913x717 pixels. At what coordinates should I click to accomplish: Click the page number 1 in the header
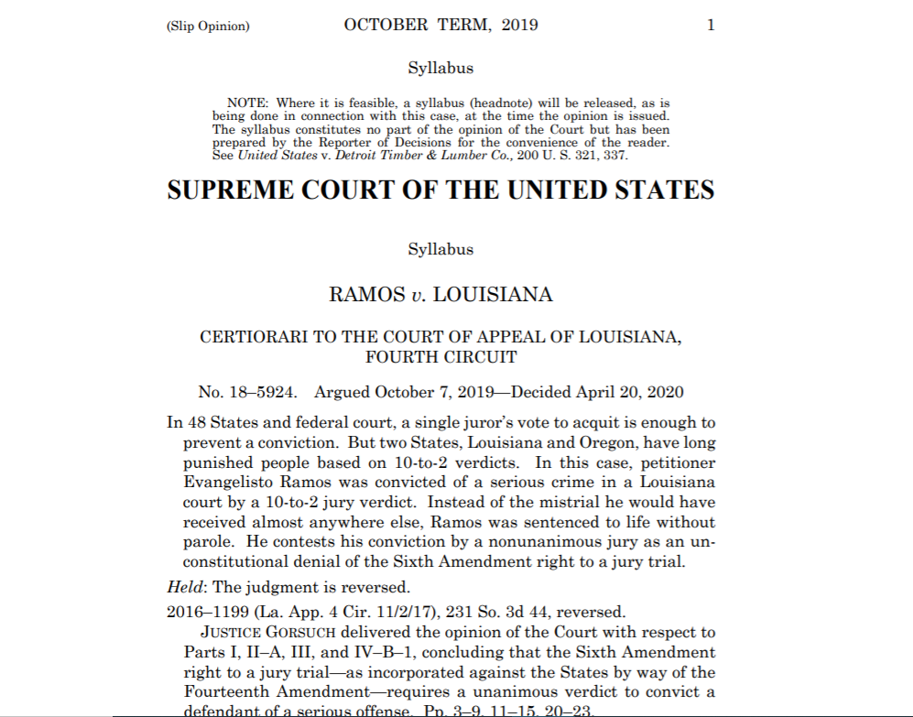(x=711, y=26)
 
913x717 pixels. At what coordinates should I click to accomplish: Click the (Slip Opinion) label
(x=208, y=27)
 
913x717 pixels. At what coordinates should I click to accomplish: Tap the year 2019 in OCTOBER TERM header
(x=519, y=26)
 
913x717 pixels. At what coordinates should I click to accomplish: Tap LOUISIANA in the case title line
(x=493, y=295)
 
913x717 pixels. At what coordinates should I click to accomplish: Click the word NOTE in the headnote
(x=246, y=103)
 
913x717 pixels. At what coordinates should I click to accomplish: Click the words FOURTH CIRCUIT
(x=440, y=357)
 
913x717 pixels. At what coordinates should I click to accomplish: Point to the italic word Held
(x=185, y=587)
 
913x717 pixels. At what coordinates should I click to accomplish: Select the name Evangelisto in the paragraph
(x=227, y=482)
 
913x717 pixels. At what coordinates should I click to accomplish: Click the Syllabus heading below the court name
(x=440, y=249)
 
